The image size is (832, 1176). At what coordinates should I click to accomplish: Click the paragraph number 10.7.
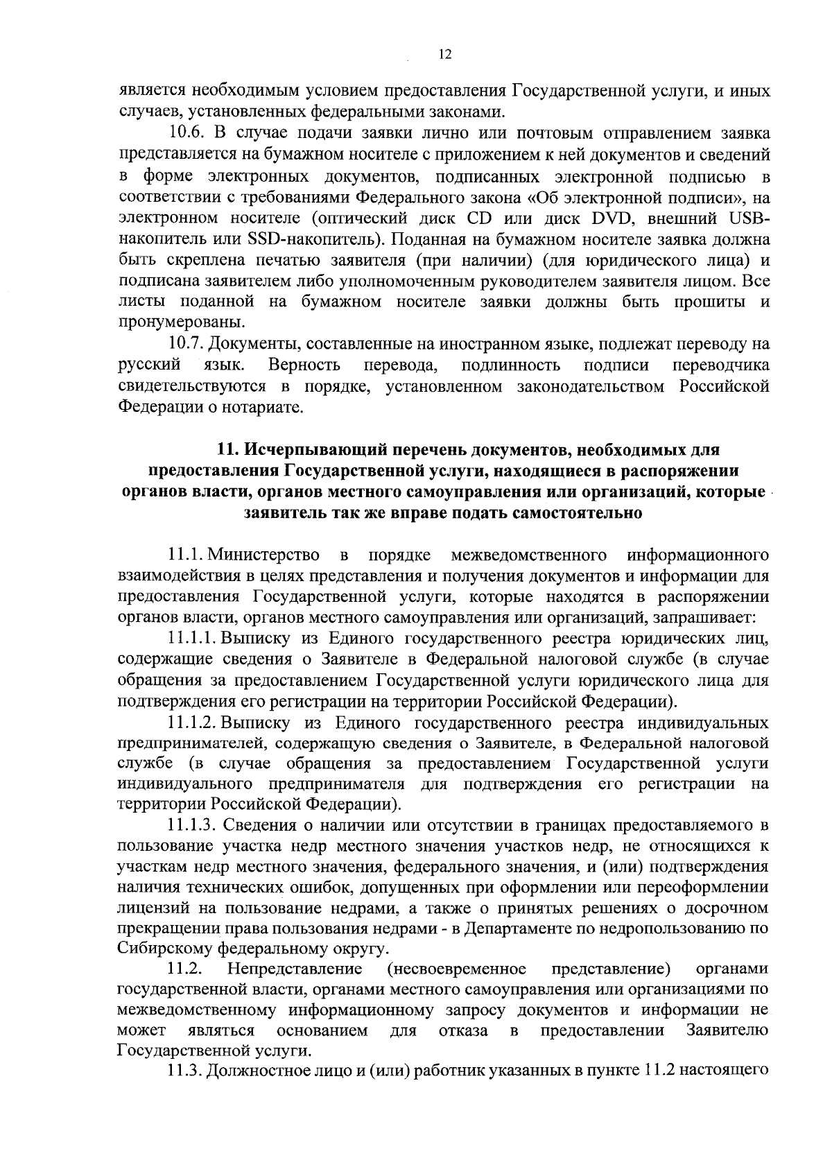187,344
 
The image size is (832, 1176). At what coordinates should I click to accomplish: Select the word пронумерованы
172,323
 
